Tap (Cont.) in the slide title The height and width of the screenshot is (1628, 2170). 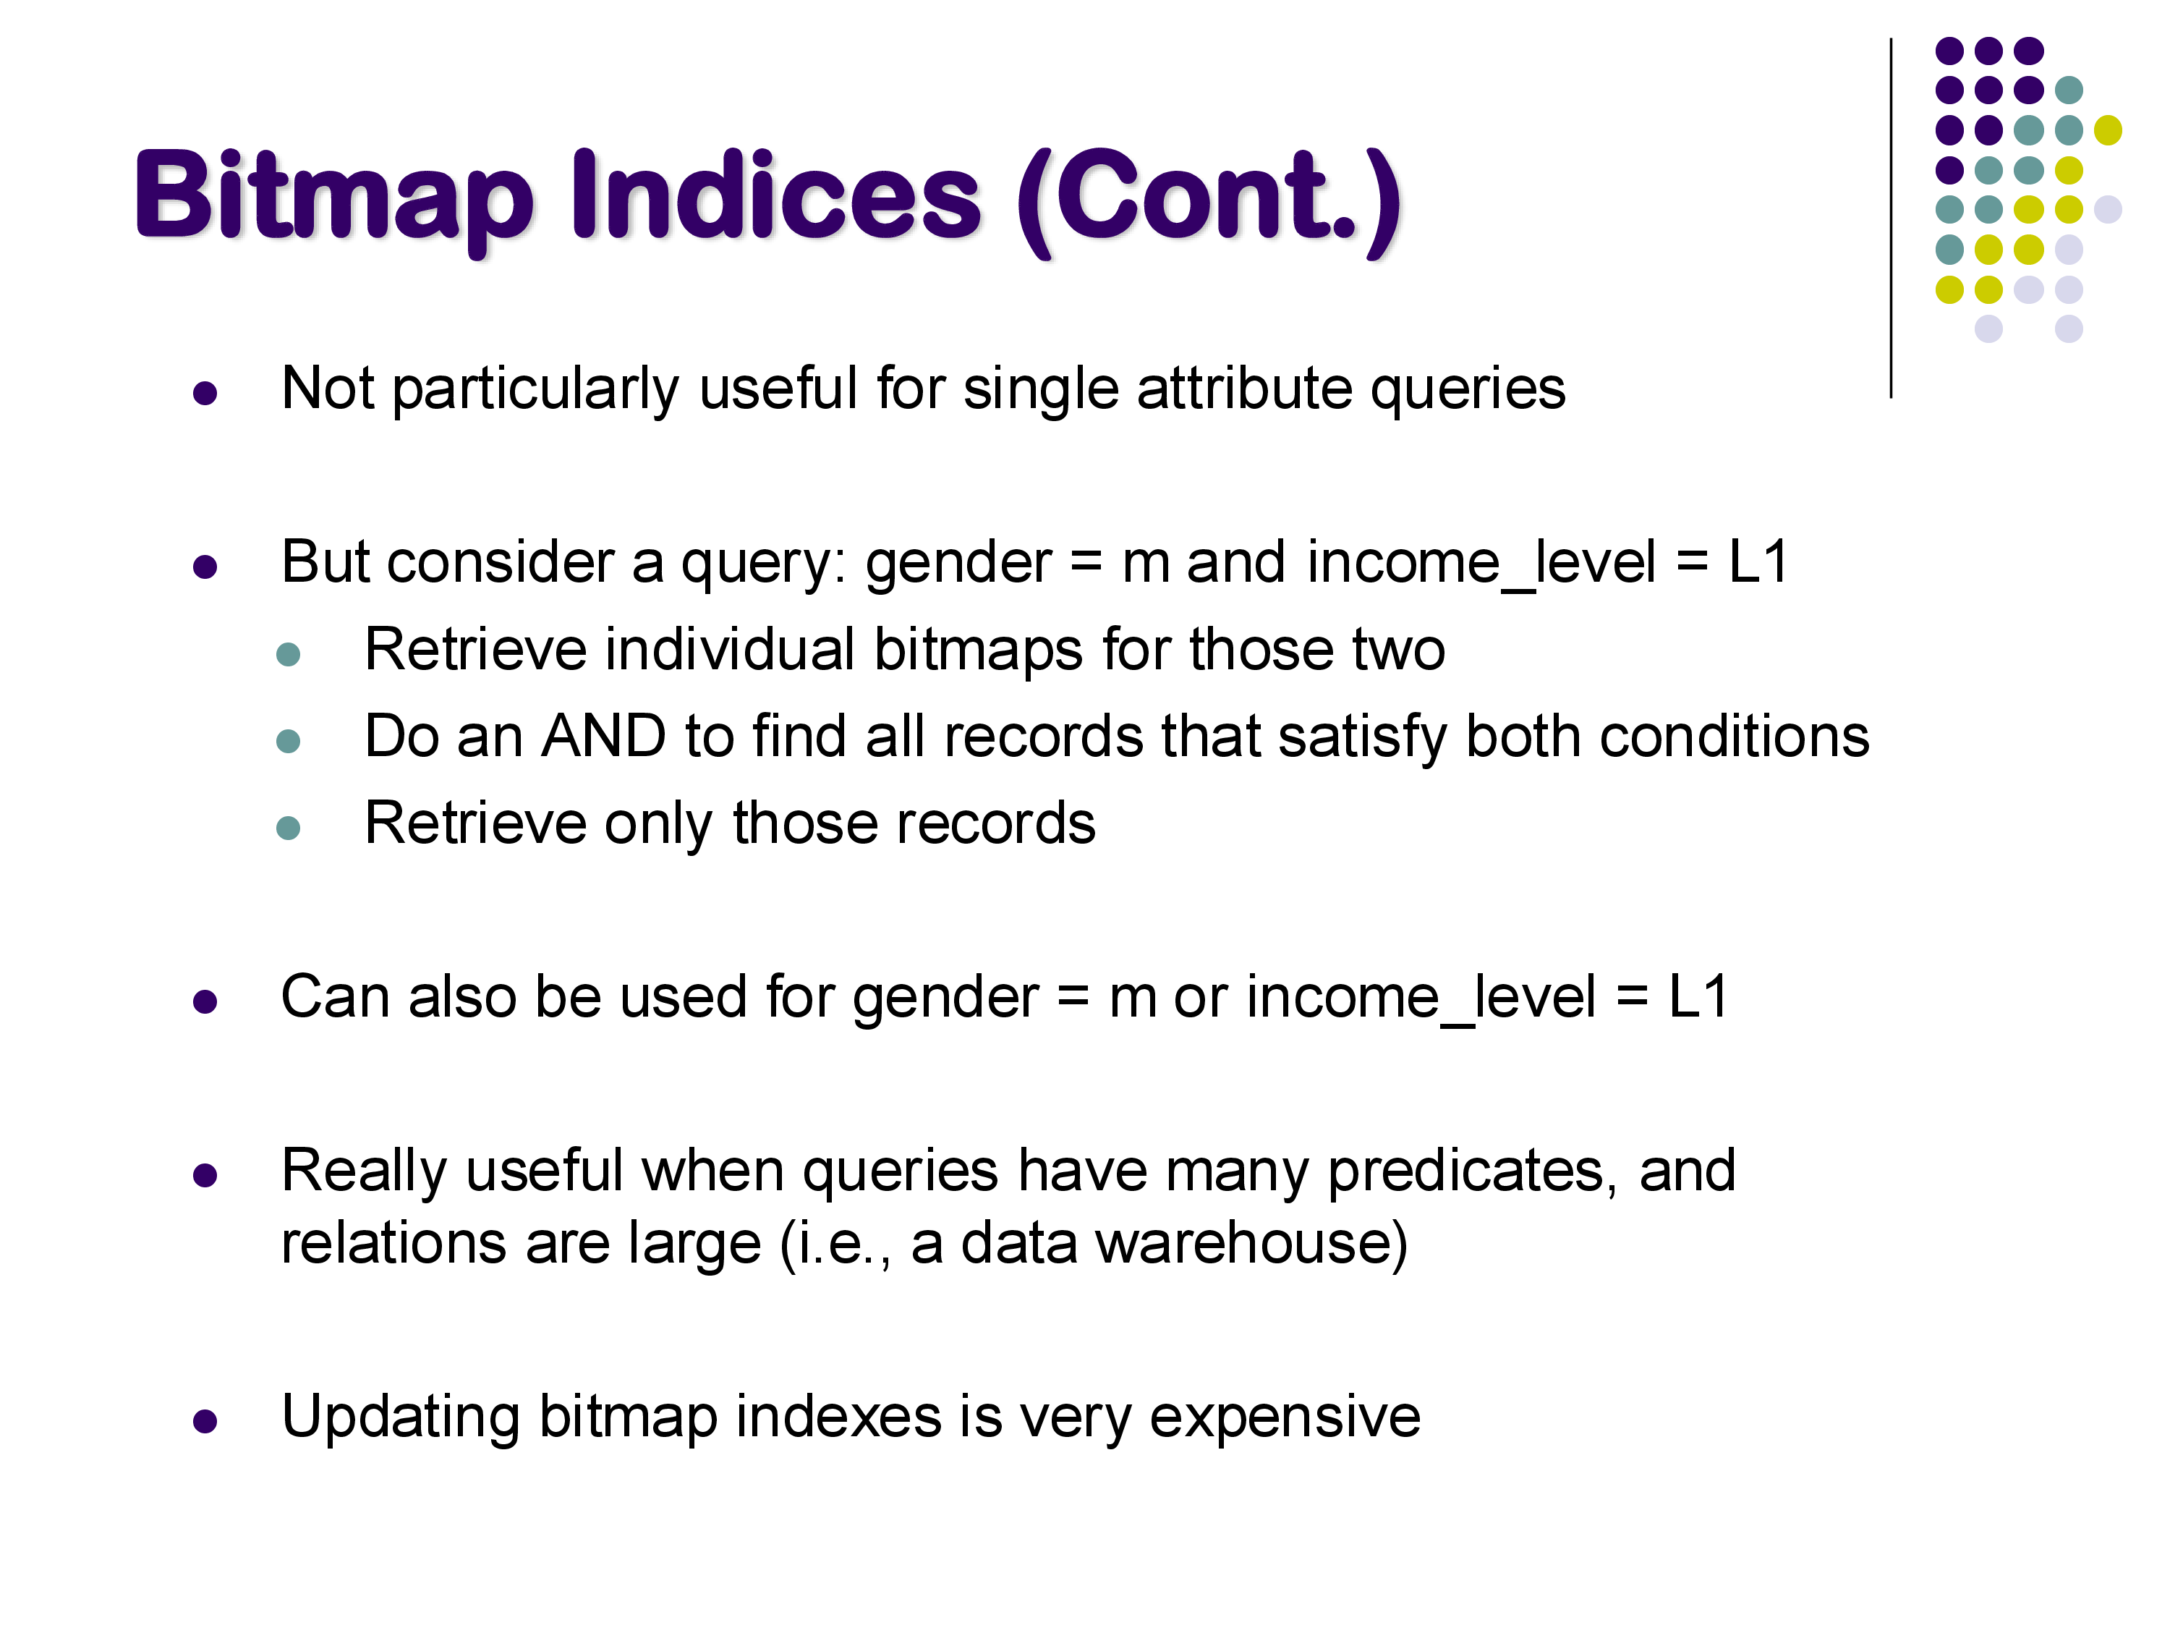point(1209,201)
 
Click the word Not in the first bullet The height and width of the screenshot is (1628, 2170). point(328,388)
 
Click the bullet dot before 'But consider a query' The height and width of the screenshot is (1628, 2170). point(205,567)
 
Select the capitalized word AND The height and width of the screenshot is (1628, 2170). point(603,736)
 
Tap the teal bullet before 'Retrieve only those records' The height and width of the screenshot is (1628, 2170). point(289,828)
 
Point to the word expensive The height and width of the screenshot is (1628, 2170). point(1285,1418)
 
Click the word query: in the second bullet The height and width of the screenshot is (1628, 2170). point(763,563)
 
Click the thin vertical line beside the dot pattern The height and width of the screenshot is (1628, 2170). point(1890,218)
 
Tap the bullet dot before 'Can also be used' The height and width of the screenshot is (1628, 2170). point(205,1002)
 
